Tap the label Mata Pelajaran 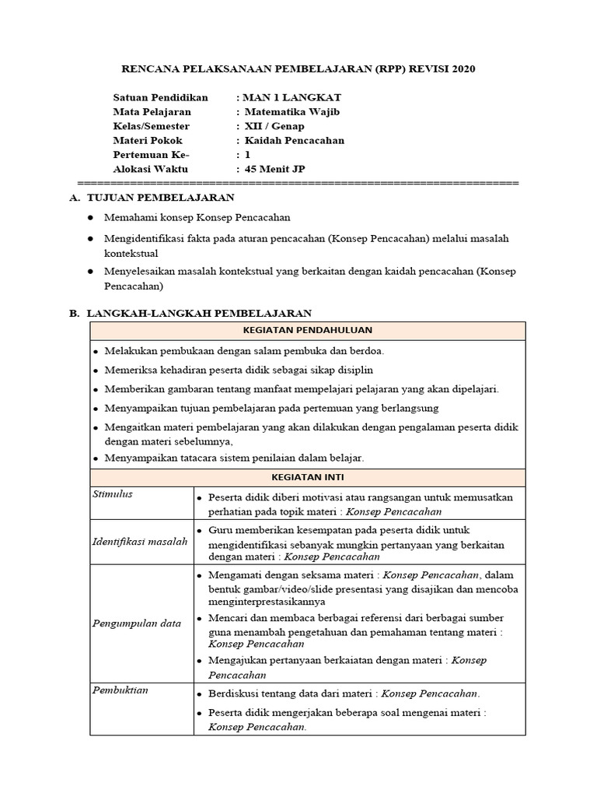152,111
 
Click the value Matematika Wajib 292,111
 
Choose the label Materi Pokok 148,140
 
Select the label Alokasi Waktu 150,169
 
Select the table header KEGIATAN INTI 307,476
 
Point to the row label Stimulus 113,494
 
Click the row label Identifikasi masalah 140,541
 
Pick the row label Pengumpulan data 136,623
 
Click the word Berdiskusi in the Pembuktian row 235,693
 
